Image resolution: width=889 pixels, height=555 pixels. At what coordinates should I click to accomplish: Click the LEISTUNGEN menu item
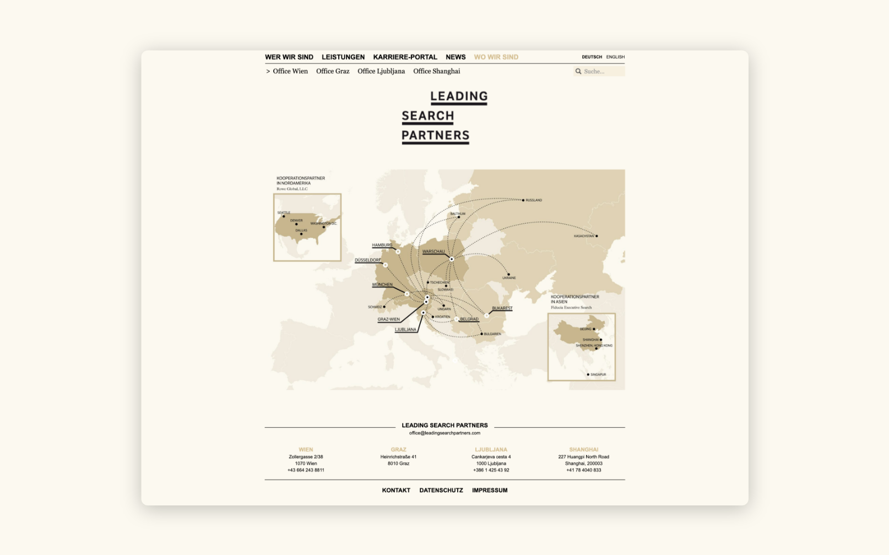[x=343, y=57]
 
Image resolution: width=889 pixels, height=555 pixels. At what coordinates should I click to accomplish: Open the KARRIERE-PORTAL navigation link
[x=405, y=57]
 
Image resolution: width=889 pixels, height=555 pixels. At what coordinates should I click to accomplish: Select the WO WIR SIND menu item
[x=496, y=57]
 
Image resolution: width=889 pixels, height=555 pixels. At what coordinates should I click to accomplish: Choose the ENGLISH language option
[x=615, y=57]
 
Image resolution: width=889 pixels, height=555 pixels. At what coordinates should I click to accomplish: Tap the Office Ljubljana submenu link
[x=381, y=72]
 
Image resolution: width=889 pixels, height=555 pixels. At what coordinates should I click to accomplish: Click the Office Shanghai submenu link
[x=436, y=72]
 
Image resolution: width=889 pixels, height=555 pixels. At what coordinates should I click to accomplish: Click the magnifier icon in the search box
[x=578, y=72]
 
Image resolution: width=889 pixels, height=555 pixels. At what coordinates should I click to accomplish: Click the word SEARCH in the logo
[x=428, y=116]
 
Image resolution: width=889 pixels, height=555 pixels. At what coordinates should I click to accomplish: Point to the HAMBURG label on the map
[x=382, y=245]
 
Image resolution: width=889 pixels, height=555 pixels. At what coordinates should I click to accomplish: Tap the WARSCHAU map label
[x=433, y=252]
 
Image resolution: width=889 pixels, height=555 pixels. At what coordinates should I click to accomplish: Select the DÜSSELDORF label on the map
[x=368, y=260]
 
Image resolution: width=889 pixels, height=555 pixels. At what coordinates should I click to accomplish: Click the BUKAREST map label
[x=502, y=308]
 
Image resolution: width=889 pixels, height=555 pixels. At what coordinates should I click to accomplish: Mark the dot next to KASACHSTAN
[x=597, y=236]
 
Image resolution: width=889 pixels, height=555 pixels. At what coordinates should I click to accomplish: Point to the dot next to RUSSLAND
[x=523, y=200]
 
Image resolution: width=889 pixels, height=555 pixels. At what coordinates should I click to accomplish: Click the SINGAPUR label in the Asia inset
[x=598, y=375]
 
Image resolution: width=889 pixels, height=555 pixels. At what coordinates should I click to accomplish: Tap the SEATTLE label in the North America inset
[x=284, y=213]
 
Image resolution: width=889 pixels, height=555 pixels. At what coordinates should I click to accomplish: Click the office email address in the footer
[x=444, y=433]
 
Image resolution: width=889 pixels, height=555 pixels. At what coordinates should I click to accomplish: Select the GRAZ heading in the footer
[x=398, y=450]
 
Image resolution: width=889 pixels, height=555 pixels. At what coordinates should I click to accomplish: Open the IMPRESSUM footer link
[x=490, y=491]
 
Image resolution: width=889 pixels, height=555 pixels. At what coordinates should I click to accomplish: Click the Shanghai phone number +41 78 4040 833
[x=583, y=470]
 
